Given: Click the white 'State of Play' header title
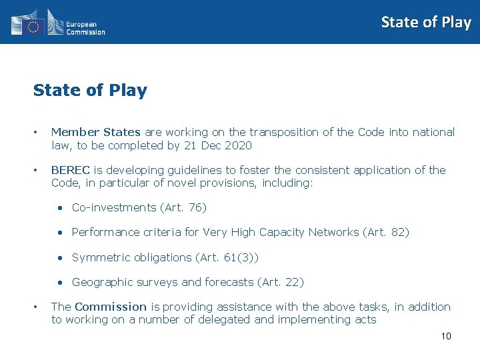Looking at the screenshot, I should (x=425, y=22).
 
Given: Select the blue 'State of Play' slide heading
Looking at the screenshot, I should (x=90, y=91).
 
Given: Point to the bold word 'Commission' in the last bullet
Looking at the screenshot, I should (x=111, y=307).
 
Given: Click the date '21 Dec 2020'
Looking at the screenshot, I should (x=221, y=145).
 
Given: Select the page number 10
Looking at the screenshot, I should (x=446, y=336).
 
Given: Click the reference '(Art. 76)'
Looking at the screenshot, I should (x=183, y=207).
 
